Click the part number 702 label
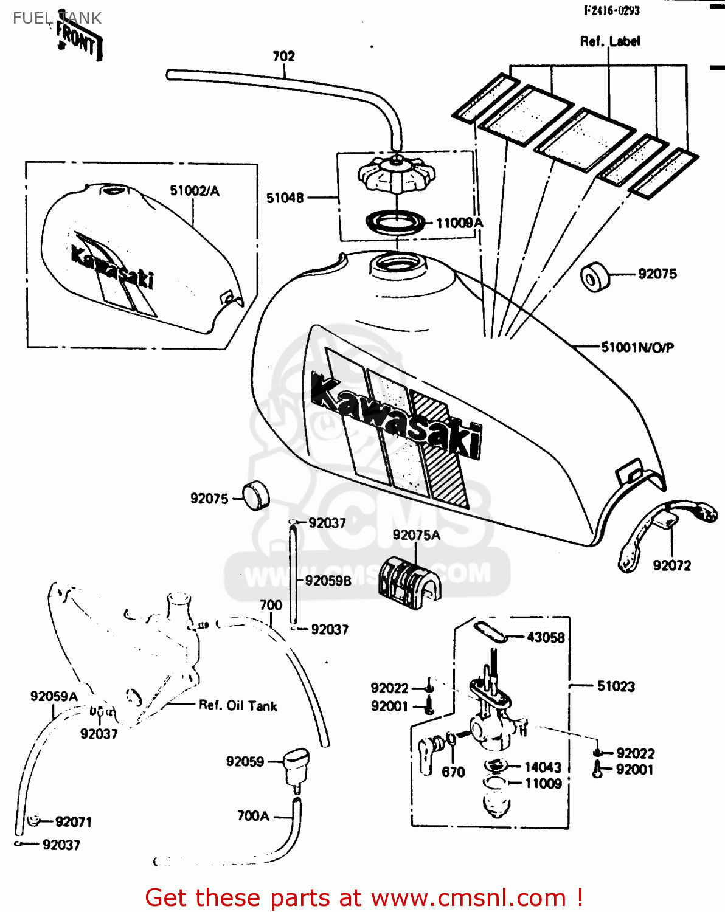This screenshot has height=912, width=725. [x=283, y=57]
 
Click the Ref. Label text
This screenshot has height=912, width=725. [x=609, y=41]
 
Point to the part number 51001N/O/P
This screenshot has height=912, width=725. [x=637, y=347]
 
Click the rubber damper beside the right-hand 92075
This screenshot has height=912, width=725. [x=595, y=277]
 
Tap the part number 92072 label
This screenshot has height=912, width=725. [x=671, y=565]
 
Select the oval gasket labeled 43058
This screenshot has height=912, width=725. [x=490, y=631]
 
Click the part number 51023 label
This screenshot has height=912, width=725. [x=616, y=686]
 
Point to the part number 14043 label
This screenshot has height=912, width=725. [x=543, y=767]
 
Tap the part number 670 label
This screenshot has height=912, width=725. [x=453, y=772]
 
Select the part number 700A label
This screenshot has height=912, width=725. [x=253, y=816]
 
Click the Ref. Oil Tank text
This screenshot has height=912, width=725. [x=238, y=706]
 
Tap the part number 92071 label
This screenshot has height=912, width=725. [x=73, y=822]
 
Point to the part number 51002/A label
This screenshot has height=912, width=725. [x=194, y=191]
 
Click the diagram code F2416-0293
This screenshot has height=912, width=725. [x=611, y=10]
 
